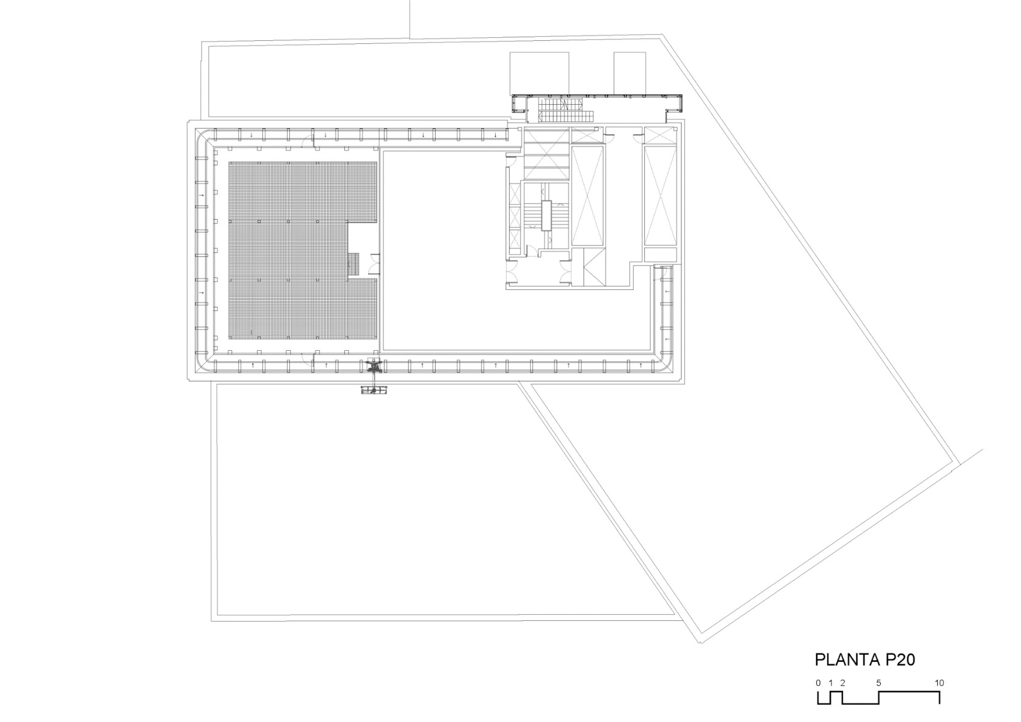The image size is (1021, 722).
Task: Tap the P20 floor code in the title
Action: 900,659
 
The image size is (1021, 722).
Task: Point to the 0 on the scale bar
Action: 818,683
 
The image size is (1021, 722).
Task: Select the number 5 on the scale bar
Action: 879,683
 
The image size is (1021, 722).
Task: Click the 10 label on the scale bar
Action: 939,683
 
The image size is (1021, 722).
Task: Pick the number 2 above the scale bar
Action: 843,683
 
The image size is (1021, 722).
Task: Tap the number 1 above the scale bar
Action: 831,683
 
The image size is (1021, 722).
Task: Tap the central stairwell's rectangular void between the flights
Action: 546,215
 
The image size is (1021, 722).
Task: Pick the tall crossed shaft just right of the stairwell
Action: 587,196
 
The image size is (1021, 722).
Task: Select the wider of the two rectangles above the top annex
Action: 539,73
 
